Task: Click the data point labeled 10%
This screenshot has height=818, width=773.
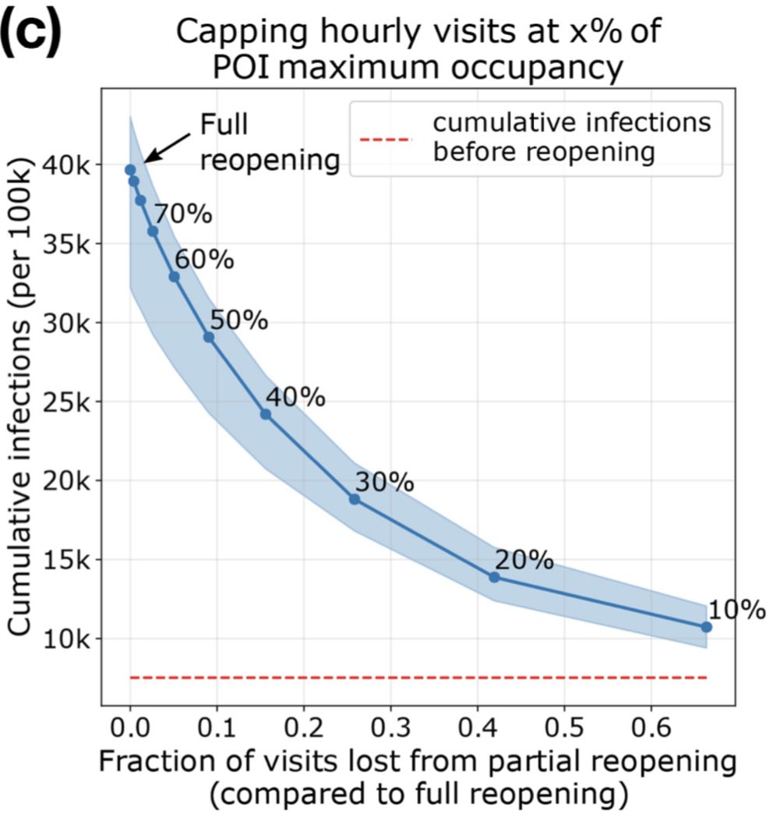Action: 706,626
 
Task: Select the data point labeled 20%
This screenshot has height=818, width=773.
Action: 494,577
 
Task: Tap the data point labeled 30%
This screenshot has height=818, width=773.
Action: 354,499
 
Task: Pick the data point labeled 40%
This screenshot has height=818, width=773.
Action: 265,414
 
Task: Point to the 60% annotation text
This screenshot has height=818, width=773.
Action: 203,258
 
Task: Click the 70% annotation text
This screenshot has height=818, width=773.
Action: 182,213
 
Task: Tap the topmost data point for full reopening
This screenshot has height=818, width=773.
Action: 130,169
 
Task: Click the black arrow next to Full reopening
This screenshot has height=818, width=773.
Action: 166,146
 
